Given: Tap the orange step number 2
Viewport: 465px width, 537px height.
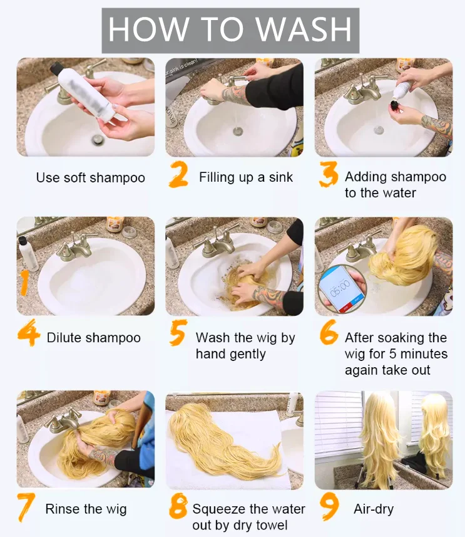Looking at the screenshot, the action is (x=178, y=175).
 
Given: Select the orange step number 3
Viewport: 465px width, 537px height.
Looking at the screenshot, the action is (x=329, y=175).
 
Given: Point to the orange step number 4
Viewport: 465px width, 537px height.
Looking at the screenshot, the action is (x=28, y=333).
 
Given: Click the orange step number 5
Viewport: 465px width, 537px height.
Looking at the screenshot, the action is (x=178, y=333).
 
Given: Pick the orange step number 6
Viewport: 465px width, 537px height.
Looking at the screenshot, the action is (x=329, y=332).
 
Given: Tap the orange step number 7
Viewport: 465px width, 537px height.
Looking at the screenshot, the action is (x=26, y=508).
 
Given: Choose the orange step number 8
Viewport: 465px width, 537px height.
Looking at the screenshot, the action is (x=178, y=506).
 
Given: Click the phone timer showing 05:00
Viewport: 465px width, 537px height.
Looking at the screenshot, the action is (x=342, y=288).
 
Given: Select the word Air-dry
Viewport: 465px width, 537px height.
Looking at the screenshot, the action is (x=374, y=509).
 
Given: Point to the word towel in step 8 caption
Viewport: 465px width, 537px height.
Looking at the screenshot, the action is (x=270, y=525).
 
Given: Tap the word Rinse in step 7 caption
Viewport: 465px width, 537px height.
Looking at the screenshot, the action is (x=61, y=509).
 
